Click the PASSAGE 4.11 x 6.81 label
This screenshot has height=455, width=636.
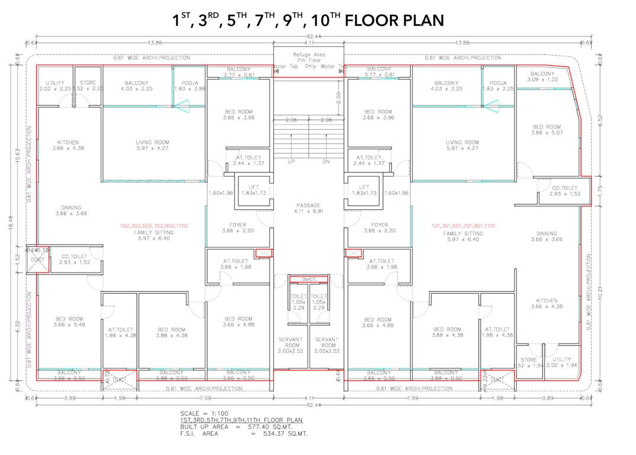[308, 208]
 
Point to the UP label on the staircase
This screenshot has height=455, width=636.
[290, 161]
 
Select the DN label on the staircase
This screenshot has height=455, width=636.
[326, 161]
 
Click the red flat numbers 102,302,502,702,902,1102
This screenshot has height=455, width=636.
[154, 226]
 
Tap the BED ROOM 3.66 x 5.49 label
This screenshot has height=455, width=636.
[68, 322]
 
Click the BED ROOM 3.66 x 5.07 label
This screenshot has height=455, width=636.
[546, 130]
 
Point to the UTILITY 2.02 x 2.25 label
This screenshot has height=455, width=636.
[55, 86]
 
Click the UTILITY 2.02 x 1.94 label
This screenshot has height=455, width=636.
[561, 363]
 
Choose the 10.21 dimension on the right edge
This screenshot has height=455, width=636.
[600, 291]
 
